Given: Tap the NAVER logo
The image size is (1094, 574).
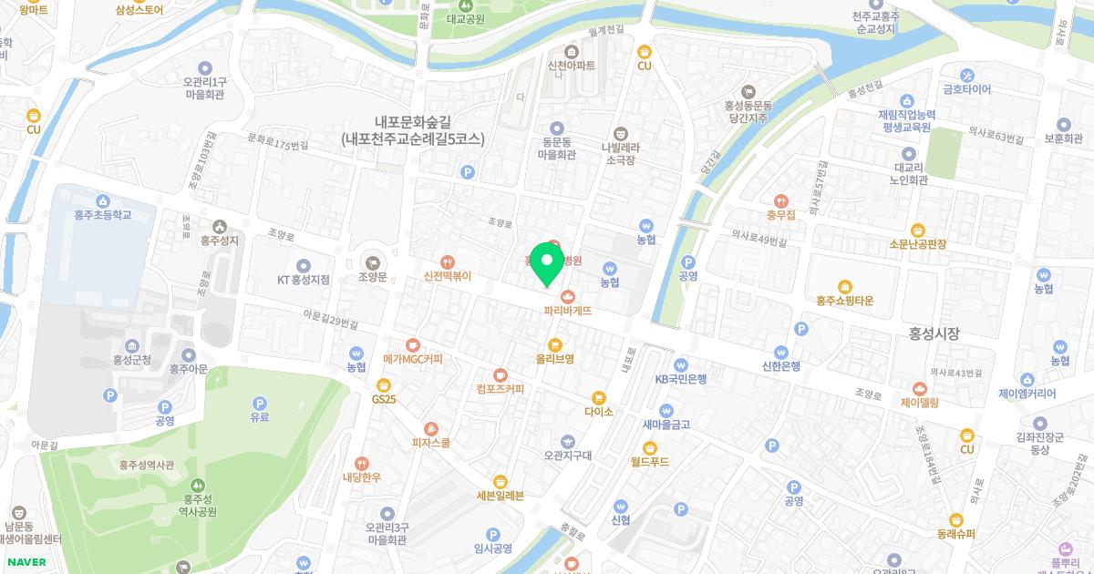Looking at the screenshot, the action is [26, 561].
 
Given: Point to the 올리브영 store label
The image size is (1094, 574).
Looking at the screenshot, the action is [554, 359].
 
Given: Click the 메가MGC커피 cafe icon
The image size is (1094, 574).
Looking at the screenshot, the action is [413, 345].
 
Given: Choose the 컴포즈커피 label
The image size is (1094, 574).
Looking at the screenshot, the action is [500, 389].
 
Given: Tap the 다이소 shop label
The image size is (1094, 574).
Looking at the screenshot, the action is [599, 412].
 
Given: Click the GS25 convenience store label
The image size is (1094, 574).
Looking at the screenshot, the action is [384, 399].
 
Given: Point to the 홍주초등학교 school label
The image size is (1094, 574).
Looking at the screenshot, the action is [103, 215].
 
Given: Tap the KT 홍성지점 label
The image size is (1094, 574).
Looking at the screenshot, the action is [304, 280].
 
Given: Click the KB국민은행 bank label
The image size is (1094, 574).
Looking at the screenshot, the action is [681, 379].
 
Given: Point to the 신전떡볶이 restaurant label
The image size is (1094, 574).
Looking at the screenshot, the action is [447, 276].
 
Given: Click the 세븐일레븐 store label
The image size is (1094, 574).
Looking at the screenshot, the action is [500, 496].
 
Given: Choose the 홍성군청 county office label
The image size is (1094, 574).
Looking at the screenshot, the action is [132, 360].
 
